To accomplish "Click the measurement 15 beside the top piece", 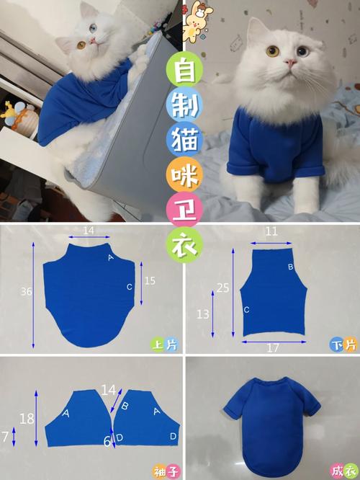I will click(x=149, y=280).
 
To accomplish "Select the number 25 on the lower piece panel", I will click(x=223, y=288).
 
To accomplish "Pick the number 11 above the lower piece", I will click(x=271, y=232).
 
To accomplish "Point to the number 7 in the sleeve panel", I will click(x=6, y=437).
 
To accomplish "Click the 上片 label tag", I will click(x=164, y=345).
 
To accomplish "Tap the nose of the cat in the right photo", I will click(x=289, y=65).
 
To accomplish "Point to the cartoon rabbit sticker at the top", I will click(x=194, y=19).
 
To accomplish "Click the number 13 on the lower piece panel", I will click(x=204, y=314).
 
